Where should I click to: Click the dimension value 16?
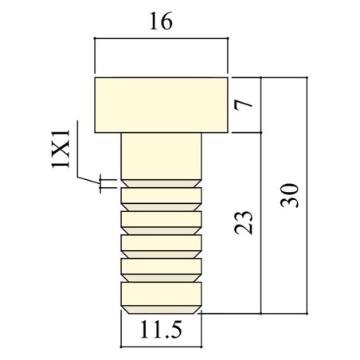coord(161,22)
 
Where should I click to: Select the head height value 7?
coord(246,104)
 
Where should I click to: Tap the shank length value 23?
coord(246,222)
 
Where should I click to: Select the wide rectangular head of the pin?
coord(162,104)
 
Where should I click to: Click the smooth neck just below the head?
coord(161,155)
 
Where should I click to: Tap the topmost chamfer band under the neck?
coord(161,183)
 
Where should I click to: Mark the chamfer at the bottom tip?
coord(161,309)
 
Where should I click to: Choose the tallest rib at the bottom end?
coord(161,292)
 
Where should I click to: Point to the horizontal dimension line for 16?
coord(161,37)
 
